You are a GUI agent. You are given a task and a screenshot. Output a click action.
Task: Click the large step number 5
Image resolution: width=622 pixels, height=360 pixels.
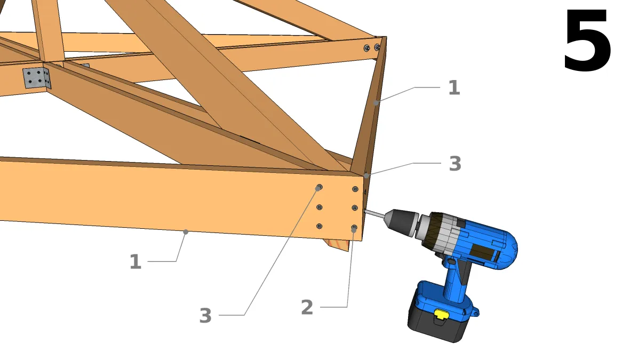587,42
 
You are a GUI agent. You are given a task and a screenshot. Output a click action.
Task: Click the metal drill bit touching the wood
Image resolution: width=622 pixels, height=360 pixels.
375,214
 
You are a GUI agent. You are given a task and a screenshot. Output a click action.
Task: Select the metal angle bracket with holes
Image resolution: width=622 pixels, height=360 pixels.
37,78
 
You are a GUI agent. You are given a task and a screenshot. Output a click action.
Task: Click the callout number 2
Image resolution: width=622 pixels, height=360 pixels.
307,307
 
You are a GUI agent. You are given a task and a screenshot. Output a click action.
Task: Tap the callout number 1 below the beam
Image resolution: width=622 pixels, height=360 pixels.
135,262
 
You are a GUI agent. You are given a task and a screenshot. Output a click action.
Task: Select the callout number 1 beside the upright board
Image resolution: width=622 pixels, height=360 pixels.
453,87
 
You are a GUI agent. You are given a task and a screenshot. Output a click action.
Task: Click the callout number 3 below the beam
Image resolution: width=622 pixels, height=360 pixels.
205,316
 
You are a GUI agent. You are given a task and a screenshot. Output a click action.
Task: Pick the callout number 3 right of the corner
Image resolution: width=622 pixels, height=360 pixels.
454,164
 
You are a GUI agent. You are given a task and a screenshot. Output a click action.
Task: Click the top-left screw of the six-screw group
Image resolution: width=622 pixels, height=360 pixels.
319,187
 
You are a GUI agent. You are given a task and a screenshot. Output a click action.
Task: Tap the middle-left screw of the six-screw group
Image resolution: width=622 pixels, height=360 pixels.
320,207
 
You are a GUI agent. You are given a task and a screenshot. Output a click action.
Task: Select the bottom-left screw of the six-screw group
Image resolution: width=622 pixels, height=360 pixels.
320,226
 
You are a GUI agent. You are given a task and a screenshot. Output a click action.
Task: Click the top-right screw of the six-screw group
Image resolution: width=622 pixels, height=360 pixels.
355,189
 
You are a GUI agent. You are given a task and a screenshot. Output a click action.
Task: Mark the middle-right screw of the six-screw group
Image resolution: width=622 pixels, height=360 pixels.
355,207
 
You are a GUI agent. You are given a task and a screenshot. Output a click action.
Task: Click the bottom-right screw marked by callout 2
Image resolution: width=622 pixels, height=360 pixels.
354,228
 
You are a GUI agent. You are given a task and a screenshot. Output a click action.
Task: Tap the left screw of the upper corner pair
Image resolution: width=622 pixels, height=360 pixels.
367,48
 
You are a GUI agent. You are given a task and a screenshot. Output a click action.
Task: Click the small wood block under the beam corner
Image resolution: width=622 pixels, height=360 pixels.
339,245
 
